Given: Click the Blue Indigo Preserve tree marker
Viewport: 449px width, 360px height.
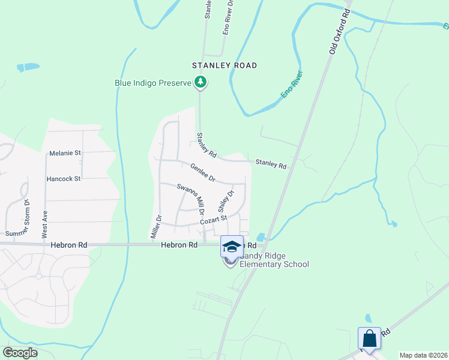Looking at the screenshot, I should tap(200, 83).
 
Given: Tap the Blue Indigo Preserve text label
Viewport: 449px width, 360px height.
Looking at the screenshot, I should tap(153, 83).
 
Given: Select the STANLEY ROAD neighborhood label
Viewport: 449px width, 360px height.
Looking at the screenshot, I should tap(224, 65).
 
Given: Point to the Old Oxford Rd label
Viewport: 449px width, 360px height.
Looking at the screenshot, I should tap(340, 31).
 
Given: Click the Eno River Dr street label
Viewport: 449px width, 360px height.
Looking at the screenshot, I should tap(228, 17).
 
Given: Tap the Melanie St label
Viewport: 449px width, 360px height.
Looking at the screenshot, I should tap(65, 153).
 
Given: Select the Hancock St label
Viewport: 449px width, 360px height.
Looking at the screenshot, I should tap(64, 179).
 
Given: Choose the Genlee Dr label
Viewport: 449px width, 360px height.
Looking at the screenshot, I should tap(203, 172).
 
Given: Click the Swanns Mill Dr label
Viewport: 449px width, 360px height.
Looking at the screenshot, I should tap(191, 199).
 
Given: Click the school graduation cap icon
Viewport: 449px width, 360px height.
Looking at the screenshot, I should tap(232, 247).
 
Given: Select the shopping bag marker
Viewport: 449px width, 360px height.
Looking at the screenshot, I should tap(369, 338).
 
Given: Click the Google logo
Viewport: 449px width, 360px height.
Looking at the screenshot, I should tap(20, 353).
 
